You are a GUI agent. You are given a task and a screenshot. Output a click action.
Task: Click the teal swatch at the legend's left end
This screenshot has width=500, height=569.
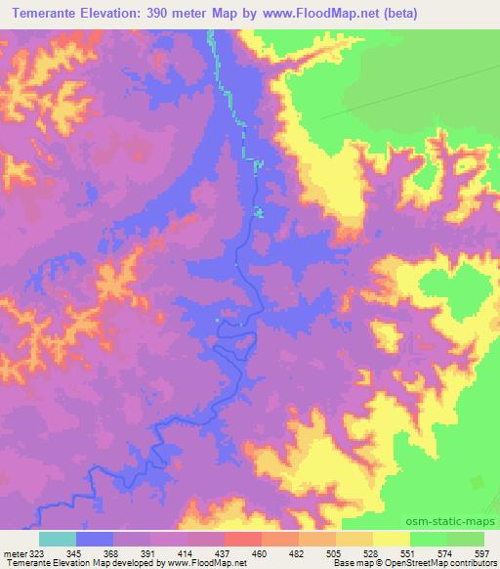58,540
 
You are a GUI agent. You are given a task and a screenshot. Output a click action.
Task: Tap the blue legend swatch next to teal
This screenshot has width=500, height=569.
95,540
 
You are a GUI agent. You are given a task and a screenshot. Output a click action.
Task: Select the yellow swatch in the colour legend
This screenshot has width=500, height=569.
392,540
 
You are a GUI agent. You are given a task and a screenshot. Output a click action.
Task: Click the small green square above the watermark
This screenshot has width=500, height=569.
479,482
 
